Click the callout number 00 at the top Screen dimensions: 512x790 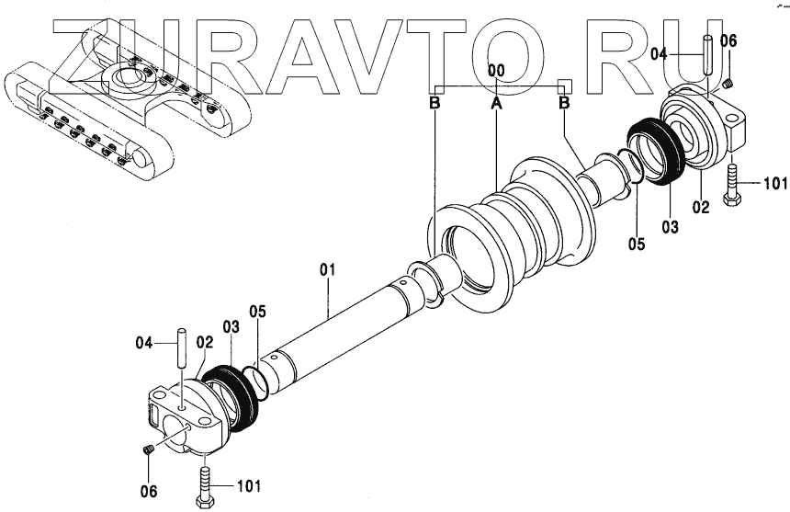point(496,70)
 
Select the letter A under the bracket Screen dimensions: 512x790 point(496,104)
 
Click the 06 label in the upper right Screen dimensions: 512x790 point(728,40)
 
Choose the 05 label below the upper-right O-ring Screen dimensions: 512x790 point(638,245)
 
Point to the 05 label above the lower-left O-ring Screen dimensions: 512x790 point(258,312)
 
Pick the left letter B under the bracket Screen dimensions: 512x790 point(434,104)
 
